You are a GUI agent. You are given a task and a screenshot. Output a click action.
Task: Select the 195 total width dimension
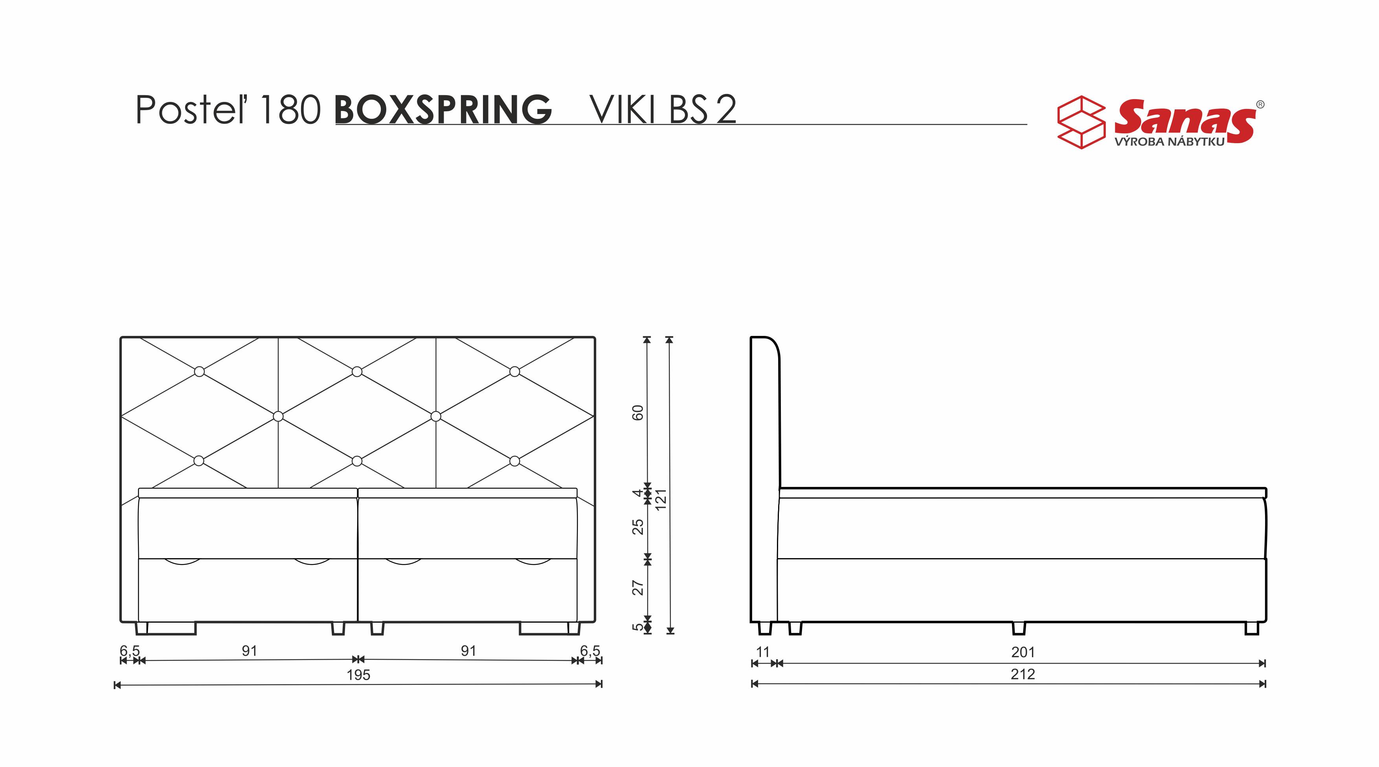click(358, 675)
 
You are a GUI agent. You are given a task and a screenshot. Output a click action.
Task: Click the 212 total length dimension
click(1023, 674)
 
